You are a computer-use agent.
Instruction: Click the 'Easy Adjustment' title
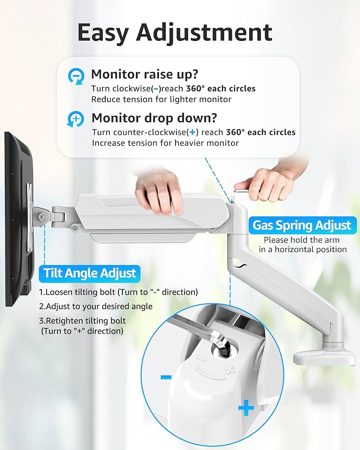pos(175,32)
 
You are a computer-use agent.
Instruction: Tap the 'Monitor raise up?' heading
pos(145,74)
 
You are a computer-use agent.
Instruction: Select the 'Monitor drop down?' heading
pos(154,118)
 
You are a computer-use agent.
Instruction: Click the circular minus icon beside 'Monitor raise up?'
pos(75,76)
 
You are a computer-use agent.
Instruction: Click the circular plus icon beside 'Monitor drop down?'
pos(75,120)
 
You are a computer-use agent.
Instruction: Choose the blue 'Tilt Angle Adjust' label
pos(90,273)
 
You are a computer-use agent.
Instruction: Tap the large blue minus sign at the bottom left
pos(166,377)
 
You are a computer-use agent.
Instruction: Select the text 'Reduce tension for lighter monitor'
pos(161,99)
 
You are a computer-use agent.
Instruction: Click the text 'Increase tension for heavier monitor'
pos(165,143)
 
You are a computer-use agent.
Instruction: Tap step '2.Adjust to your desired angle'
pos(95,306)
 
